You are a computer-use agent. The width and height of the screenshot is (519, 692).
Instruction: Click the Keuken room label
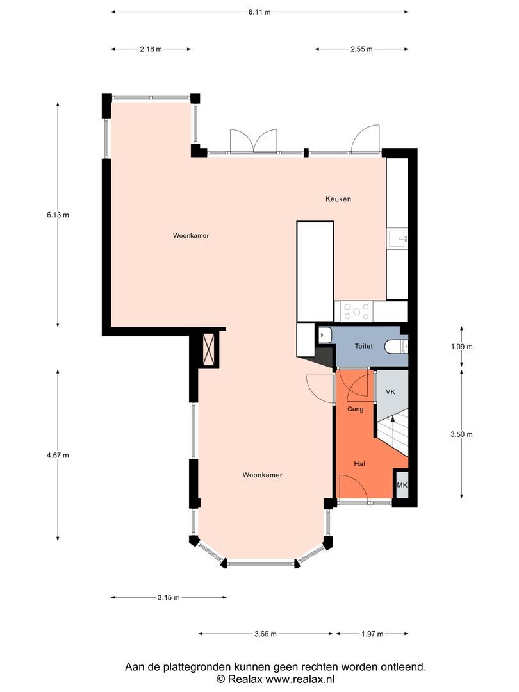coord(338,199)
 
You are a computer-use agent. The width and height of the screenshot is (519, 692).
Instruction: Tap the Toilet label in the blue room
coord(364,346)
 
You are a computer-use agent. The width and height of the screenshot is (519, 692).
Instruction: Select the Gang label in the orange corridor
coord(355,409)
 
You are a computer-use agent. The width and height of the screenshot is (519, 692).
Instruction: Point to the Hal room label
coord(359,464)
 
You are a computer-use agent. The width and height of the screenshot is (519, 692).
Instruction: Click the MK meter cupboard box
coord(402,485)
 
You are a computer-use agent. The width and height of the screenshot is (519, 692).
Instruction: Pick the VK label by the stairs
coord(390,391)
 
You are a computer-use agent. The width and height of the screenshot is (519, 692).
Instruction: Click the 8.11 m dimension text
coord(259,12)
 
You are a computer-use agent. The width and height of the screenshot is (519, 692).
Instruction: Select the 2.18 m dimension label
coord(151,49)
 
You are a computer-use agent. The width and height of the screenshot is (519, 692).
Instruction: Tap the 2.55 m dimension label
coord(361,49)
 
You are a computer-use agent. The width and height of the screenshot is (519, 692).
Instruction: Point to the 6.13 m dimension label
coord(58,215)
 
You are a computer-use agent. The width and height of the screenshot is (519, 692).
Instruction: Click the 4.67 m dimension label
coord(58,455)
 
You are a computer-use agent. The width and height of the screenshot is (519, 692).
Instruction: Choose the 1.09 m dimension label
coord(461,347)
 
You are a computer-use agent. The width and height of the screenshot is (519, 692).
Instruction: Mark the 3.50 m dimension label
coord(461,434)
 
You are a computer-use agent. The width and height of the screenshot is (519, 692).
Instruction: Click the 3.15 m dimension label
coord(169,598)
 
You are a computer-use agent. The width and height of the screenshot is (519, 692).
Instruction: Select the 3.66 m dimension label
coord(265,634)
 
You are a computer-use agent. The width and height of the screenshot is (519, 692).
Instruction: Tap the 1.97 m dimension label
coord(372,634)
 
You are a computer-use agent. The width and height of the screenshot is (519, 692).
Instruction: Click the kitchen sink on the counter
coord(398,239)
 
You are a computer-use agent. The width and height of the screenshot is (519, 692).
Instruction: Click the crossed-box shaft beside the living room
coord(209,348)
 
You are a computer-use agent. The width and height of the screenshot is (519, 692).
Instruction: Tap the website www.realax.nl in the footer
coord(300,679)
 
